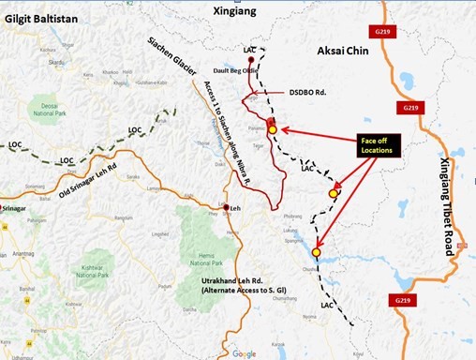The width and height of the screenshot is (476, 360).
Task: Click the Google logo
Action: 243,353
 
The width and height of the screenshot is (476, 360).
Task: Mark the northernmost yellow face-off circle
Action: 273,130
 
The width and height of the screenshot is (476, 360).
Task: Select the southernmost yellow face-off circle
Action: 317,252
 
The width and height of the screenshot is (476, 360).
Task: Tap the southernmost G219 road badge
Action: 397,300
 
